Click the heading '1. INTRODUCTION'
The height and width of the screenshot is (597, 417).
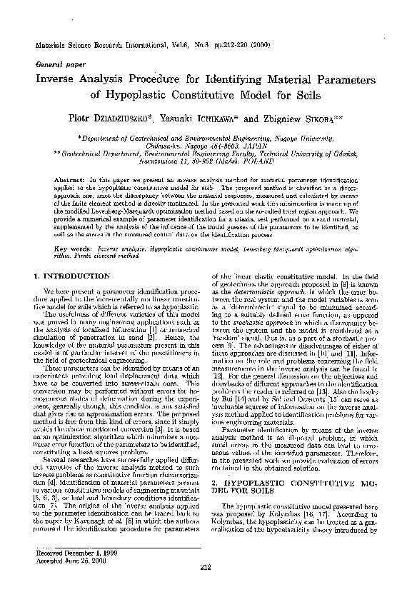pos(69,275)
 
